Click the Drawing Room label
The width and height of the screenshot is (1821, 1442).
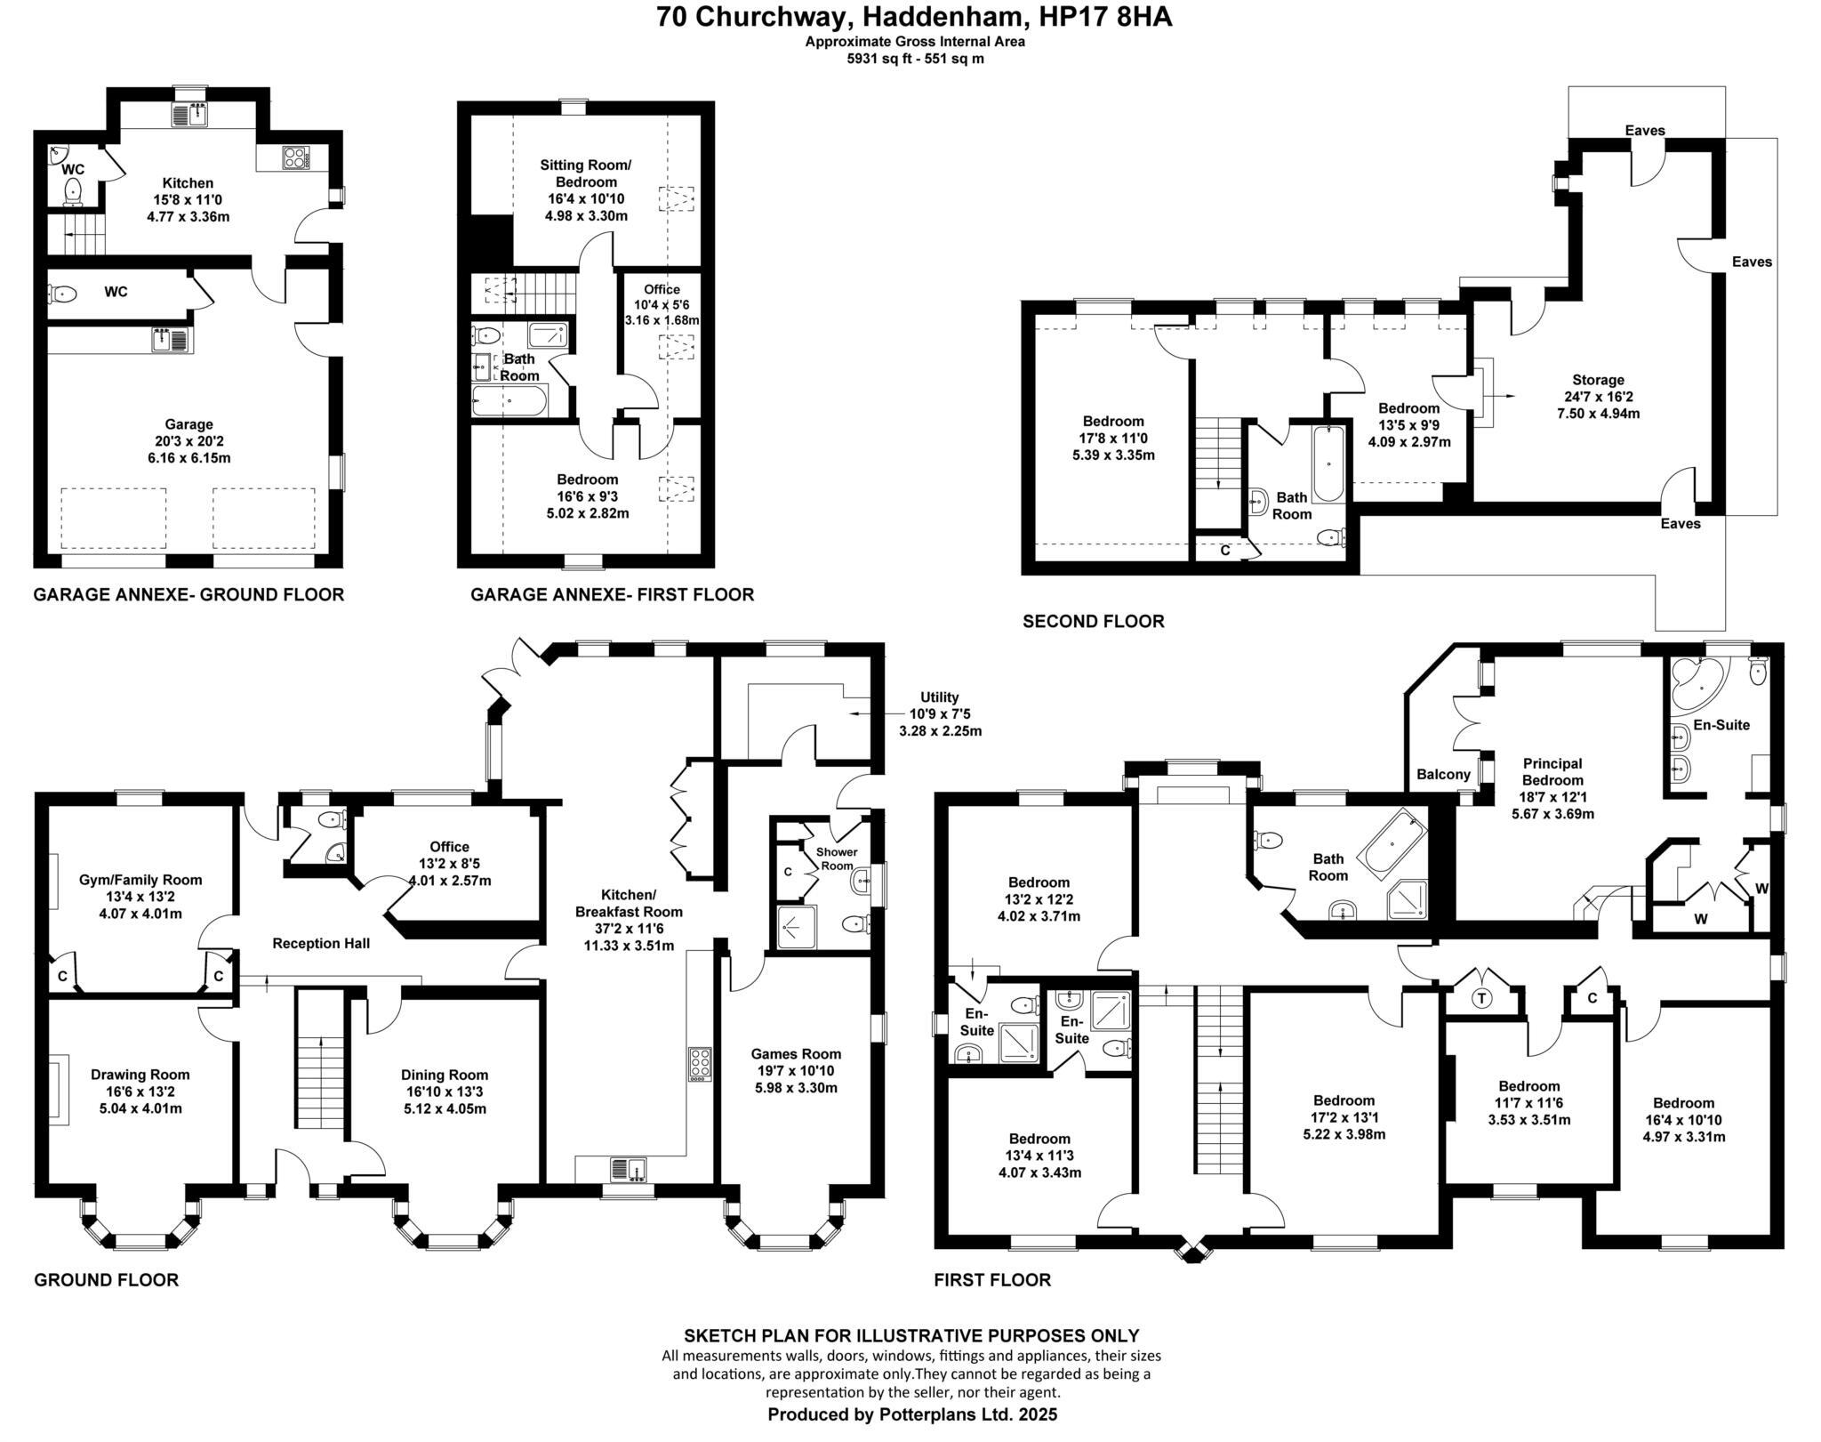pos(140,1075)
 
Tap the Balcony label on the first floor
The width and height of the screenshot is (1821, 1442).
pos(1443,774)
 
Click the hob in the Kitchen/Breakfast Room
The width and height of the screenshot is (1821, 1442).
pos(700,1065)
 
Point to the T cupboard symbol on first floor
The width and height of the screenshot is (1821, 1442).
pos(1481,998)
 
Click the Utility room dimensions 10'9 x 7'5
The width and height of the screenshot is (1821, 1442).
pos(940,714)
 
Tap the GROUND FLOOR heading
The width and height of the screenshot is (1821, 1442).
pos(106,1280)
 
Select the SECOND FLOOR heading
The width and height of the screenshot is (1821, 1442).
pos(1093,622)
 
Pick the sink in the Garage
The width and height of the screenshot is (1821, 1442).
pos(172,340)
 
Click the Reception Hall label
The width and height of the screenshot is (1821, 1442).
pos(321,944)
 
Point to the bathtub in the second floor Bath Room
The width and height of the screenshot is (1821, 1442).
pos(1328,463)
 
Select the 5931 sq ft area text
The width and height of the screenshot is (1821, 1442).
pos(914,59)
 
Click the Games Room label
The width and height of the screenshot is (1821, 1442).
pos(796,1054)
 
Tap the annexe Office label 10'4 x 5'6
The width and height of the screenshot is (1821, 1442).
pos(662,289)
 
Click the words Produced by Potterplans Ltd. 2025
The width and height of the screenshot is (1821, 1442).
pos(912,1414)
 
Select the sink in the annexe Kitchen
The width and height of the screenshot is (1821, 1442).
pos(190,115)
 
